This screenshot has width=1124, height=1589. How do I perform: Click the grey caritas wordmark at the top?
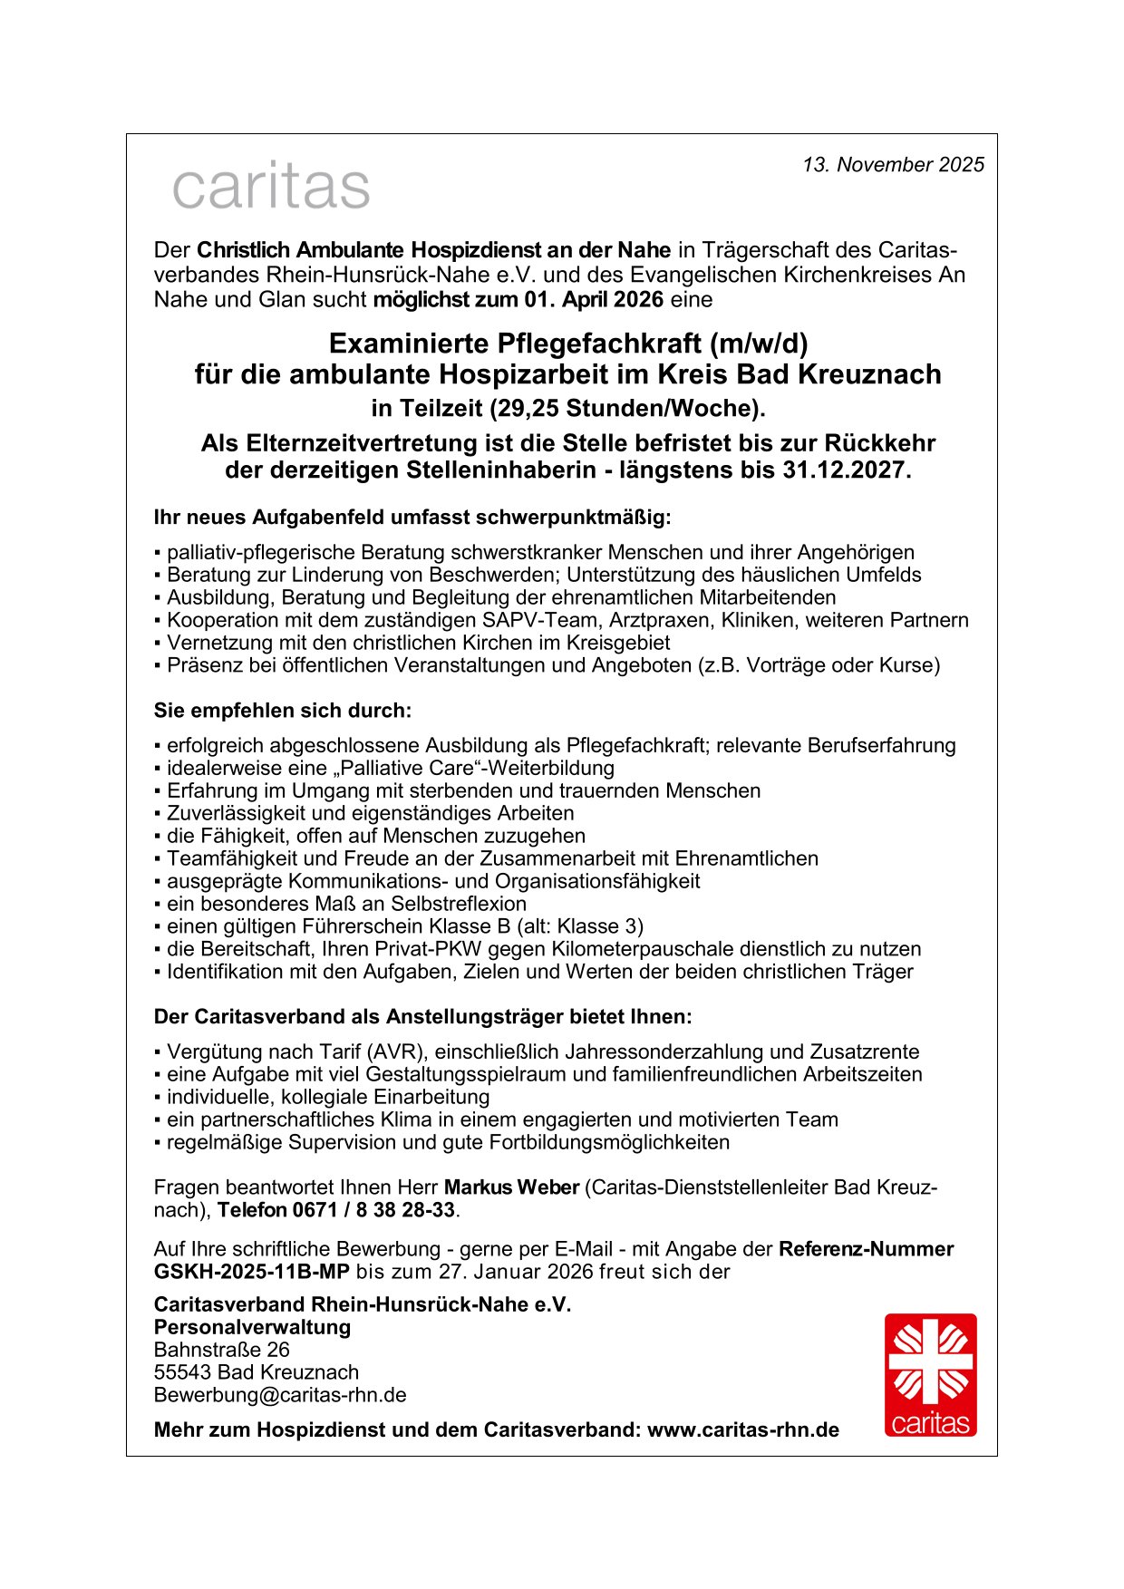pyautogui.click(x=271, y=186)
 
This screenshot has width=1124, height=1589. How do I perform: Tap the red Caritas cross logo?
pyautogui.click(x=930, y=1374)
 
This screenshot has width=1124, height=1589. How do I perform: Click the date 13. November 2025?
pyautogui.click(x=893, y=165)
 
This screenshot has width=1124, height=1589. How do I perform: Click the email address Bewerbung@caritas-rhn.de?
pyautogui.click(x=280, y=1395)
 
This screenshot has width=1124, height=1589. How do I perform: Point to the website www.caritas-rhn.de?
pyautogui.click(x=742, y=1430)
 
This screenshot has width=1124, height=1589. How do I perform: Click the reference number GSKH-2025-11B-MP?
pyautogui.click(x=251, y=1272)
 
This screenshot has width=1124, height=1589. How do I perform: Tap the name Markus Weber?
pyautogui.click(x=511, y=1187)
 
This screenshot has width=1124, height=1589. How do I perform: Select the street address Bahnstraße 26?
pyautogui.click(x=221, y=1350)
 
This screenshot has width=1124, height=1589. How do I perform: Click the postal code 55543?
pyautogui.click(x=182, y=1372)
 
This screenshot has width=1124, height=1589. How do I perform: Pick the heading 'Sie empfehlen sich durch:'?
pyautogui.click(x=283, y=711)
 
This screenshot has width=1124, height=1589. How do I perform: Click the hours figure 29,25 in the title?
pyautogui.click(x=525, y=409)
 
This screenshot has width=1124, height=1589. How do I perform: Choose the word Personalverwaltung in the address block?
pyautogui.click(x=252, y=1327)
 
